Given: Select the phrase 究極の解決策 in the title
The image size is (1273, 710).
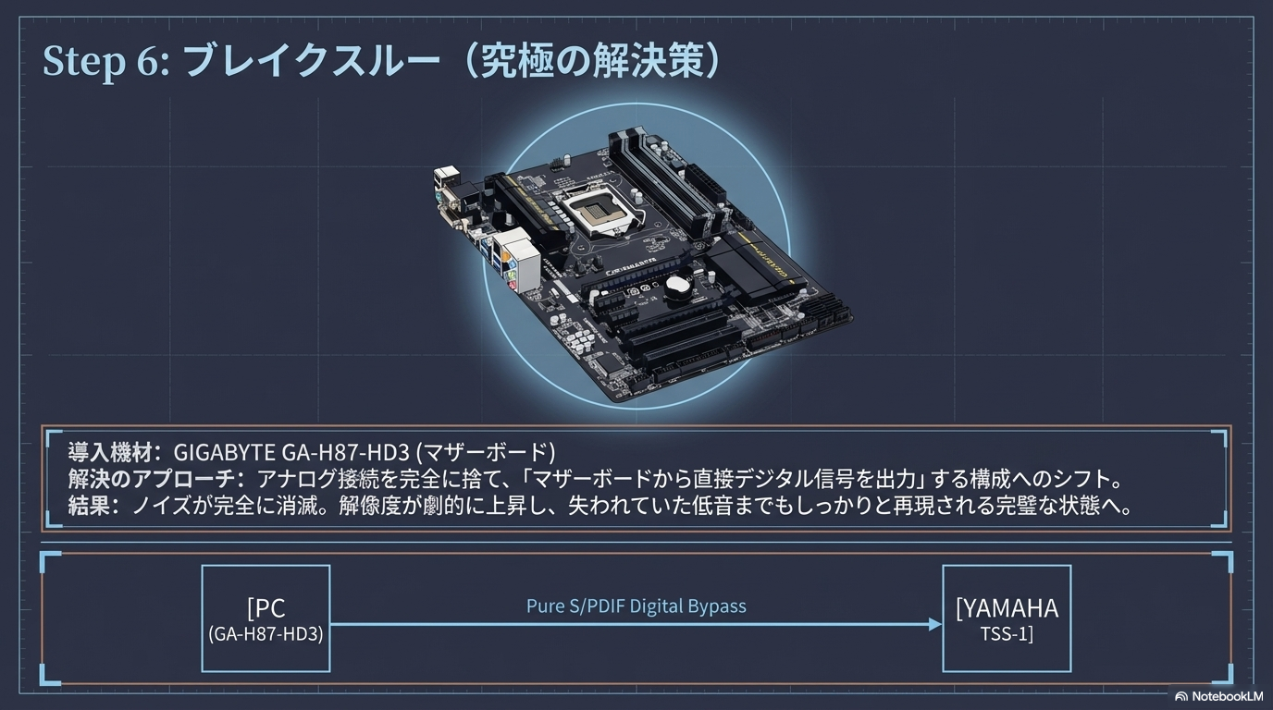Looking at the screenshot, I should click(x=591, y=62).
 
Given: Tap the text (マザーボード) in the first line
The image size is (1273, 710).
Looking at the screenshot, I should click(x=485, y=452).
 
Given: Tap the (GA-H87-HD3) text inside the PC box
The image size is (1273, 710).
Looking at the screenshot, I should click(x=266, y=634).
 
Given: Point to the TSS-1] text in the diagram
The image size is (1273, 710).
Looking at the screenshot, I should click(x=1007, y=634).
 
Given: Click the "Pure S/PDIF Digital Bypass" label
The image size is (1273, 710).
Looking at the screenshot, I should click(x=636, y=606).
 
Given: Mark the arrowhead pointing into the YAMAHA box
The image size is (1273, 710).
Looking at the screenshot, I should click(x=935, y=625).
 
